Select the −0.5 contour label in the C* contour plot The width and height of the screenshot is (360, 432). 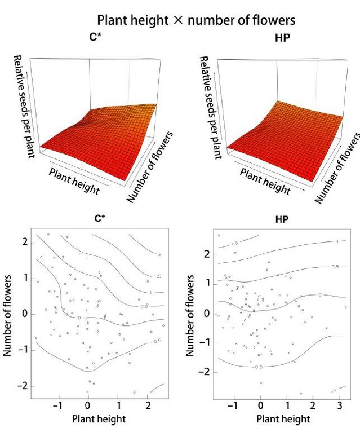click(x=157, y=342)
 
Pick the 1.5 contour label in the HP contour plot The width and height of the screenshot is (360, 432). click(x=235, y=244)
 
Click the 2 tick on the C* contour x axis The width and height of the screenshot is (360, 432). click(x=148, y=406)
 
